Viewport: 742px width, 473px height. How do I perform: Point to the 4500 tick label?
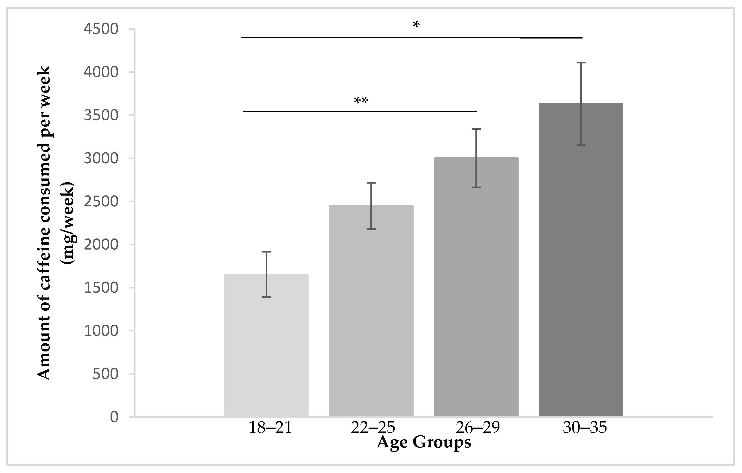coord(101,29)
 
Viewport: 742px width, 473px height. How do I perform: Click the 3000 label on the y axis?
coord(101,159)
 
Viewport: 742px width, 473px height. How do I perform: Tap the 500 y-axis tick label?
coord(105,374)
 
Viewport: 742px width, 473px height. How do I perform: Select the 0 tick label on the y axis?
coord(114,417)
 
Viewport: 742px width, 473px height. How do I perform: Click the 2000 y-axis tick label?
coord(101,245)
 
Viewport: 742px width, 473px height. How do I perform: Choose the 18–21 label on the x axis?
coord(270,428)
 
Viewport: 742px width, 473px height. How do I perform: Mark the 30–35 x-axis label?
coord(585,428)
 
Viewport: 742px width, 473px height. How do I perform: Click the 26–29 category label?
coord(477,428)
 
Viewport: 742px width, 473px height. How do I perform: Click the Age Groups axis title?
coord(424,443)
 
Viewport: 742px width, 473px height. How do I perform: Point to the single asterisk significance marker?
coord(416,25)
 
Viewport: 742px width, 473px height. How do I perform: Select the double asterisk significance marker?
coord(361,101)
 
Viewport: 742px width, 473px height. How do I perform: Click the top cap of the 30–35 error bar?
coord(581,63)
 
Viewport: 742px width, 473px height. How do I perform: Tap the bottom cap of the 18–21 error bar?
coord(266,297)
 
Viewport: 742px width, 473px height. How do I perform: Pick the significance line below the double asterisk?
coord(360,111)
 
